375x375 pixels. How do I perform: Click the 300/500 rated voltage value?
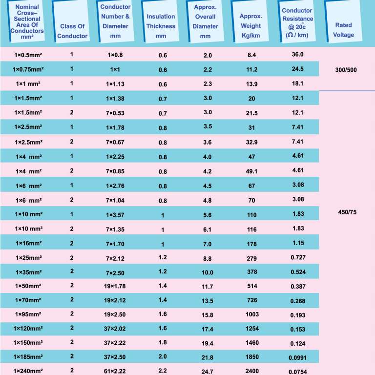coord(346,70)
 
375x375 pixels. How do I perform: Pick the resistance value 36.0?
coord(297,54)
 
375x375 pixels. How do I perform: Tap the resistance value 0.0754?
coord(297,372)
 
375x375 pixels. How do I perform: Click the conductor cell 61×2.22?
coord(115,371)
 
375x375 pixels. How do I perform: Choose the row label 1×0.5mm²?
coord(28,55)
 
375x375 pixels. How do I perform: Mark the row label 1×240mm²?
coord(28,371)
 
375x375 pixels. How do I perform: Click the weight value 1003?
coord(252,314)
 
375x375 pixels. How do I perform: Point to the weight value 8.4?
coord(252,55)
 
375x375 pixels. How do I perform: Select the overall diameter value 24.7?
coord(208,372)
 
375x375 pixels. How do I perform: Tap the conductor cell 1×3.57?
coord(115,214)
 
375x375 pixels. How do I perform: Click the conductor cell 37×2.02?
coord(115,328)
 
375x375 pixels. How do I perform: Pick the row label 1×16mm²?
coord(28,243)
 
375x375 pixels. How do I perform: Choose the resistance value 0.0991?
coord(297,357)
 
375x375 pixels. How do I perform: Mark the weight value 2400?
coord(252,371)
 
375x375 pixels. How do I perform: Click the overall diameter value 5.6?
coord(208,215)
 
